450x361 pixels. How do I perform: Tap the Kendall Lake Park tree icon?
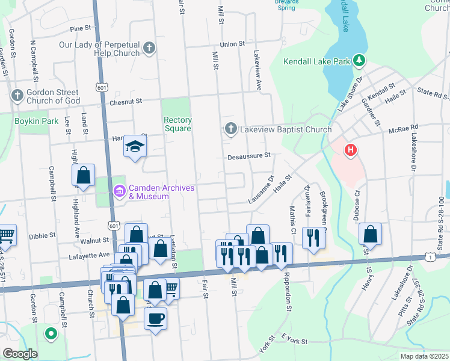359,60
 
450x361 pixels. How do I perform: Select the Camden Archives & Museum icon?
119,192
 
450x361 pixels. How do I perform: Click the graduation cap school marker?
135,146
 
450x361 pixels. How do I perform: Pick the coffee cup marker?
155,318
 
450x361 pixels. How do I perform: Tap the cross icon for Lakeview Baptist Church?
230,129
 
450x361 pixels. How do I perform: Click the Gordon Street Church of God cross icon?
16,96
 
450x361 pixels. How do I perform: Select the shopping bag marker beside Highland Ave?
84,176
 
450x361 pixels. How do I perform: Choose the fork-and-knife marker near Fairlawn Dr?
313,238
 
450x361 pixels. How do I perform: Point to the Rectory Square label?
177,124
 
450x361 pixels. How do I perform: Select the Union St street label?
232,44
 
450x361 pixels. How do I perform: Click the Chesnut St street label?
125,102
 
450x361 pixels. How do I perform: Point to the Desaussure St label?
250,156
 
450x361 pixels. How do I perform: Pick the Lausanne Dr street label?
261,190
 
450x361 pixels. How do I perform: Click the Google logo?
20,354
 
